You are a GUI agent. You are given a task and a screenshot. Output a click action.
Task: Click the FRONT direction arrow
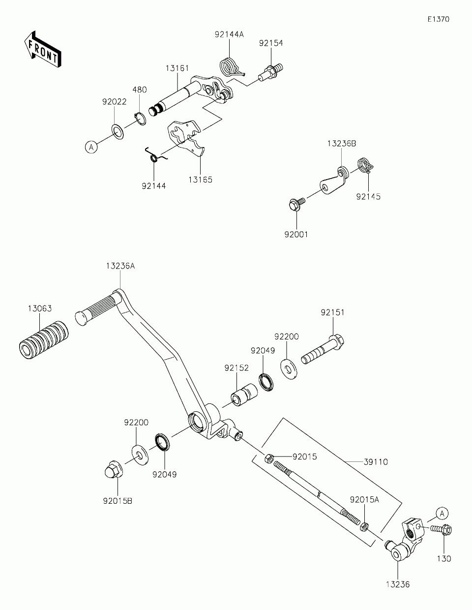[x=43, y=50]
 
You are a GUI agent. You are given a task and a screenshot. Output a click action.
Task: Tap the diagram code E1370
[x=439, y=19]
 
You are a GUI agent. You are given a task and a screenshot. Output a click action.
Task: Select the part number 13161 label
[x=177, y=68]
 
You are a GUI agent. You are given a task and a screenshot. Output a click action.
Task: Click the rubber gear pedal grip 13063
[x=44, y=340]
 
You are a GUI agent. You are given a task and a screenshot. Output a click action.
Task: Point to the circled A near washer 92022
[x=91, y=147]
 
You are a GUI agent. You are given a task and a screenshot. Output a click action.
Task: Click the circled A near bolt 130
[x=442, y=514]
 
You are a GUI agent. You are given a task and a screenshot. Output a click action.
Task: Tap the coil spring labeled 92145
[x=366, y=165]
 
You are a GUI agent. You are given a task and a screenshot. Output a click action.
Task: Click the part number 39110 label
[x=376, y=462]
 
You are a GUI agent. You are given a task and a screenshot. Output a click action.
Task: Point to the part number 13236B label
[x=342, y=144]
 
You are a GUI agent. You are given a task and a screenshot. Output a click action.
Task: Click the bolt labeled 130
[x=441, y=530]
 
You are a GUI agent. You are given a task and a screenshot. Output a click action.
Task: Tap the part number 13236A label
[x=120, y=266]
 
